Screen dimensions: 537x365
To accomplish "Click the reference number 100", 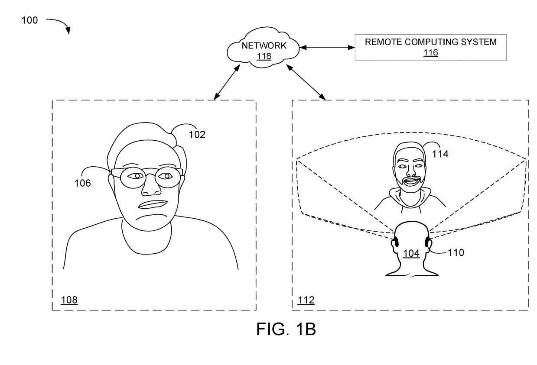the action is tap(30, 20).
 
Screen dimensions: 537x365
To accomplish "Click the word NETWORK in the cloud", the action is tap(264, 45).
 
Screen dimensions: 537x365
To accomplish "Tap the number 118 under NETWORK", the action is tap(264, 56).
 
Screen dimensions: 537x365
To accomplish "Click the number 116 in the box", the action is tap(431, 52).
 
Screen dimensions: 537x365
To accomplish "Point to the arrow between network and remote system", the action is tap(327, 48).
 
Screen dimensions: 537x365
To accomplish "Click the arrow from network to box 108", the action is tap(227, 82).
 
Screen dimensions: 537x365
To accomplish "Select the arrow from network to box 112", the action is tap(306, 82).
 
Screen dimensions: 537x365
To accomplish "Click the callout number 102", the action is tap(197, 135).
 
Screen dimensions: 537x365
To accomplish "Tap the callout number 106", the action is tap(83, 183).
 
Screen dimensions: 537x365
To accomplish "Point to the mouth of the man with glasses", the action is tap(153, 205).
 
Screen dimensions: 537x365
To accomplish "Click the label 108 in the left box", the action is tap(69, 300).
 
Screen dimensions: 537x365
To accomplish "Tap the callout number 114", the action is tap(440, 154).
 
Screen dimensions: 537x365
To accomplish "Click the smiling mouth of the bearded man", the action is tap(412, 181).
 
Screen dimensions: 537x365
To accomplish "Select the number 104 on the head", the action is tap(411, 253).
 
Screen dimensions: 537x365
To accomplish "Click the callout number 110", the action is tap(456, 253).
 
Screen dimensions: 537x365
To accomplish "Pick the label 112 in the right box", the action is tap(306, 300).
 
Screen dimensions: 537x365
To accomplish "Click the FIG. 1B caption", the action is tap(286, 329).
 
